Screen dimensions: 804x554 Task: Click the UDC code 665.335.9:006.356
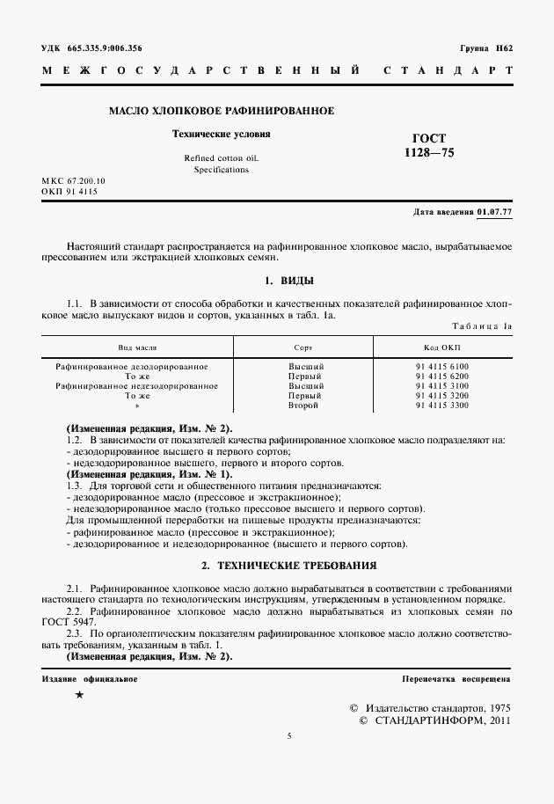click(104, 48)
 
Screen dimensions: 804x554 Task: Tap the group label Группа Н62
click(485, 48)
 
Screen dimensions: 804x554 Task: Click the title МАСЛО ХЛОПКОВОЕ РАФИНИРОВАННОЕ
click(221, 112)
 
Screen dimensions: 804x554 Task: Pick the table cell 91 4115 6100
click(442, 366)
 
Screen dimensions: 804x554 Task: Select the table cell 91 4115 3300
click(442, 406)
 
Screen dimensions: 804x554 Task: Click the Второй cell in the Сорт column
click(306, 406)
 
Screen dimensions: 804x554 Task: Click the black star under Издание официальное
click(80, 695)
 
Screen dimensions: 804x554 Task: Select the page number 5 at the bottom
click(288, 737)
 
